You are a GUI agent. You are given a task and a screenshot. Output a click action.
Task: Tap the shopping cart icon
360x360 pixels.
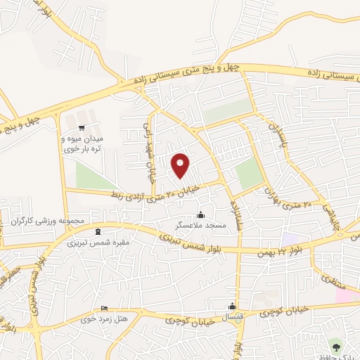click(x=83, y=128)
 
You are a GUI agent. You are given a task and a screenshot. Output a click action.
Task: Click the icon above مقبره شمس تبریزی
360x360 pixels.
click(x=97, y=232)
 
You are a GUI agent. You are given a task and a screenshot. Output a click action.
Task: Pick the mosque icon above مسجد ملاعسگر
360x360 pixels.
click(x=202, y=214)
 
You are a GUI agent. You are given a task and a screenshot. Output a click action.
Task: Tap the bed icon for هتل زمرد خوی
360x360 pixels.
click(x=104, y=309)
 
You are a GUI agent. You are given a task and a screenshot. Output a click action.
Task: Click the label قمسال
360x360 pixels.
click(x=231, y=317)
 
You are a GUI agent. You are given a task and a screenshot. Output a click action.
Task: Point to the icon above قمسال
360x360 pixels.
click(x=232, y=306)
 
